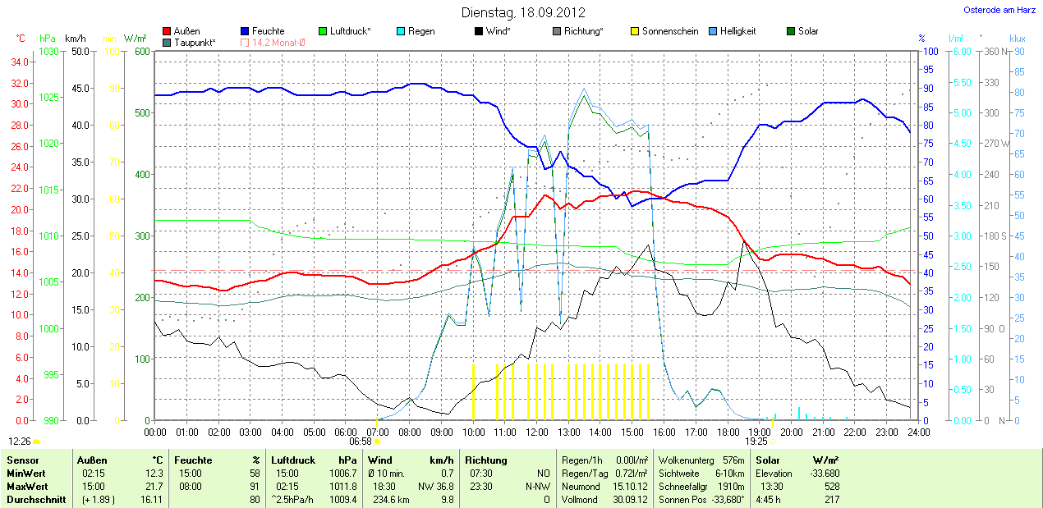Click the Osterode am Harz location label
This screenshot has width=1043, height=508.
click(x=999, y=11)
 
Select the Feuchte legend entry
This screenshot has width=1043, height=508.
click(x=268, y=31)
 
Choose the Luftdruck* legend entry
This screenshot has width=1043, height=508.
click(x=350, y=31)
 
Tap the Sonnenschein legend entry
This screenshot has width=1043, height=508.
click(x=670, y=31)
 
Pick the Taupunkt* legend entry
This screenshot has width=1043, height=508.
click(x=195, y=42)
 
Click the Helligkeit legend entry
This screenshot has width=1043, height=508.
click(x=737, y=31)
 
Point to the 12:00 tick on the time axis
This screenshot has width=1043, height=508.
click(x=537, y=432)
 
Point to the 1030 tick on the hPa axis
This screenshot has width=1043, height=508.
click(x=49, y=52)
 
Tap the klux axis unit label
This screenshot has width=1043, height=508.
click(x=1018, y=39)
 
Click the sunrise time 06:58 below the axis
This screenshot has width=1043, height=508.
click(x=361, y=442)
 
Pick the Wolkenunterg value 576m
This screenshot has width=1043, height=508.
click(x=733, y=460)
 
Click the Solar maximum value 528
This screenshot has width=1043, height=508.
click(x=831, y=486)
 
